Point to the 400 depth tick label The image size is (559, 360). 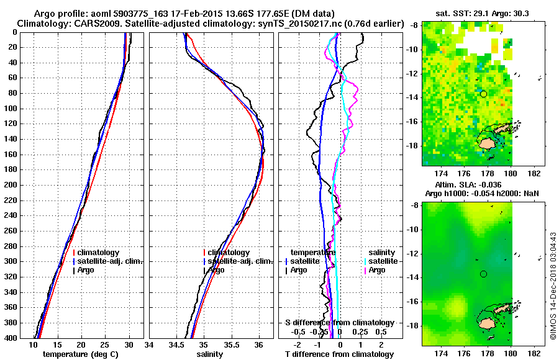[x=12, y=338]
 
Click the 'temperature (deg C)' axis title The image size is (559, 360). [x=81, y=354]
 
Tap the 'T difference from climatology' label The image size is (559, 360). [x=339, y=354]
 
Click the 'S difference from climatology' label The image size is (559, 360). [x=339, y=323]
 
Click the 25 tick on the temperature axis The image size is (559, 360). [x=104, y=345]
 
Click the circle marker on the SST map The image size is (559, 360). [x=483, y=94]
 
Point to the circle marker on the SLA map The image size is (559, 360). [x=483, y=274]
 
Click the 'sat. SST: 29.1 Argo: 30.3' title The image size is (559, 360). [x=479, y=14]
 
